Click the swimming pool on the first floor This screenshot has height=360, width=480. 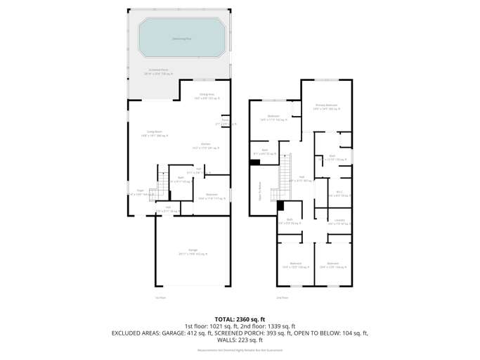coord(181,38)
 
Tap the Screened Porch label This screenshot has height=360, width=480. coord(157,71)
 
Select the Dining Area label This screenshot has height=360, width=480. coord(206,96)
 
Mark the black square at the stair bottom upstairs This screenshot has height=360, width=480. coord(280,205)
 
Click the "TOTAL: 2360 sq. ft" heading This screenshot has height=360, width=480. coord(240,319)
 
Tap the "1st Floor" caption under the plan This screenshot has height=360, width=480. coord(160,298)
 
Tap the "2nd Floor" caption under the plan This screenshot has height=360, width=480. coord(283,298)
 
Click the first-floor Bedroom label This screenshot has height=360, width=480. coord(212,196)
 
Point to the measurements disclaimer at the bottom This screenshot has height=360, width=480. coord(240,349)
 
